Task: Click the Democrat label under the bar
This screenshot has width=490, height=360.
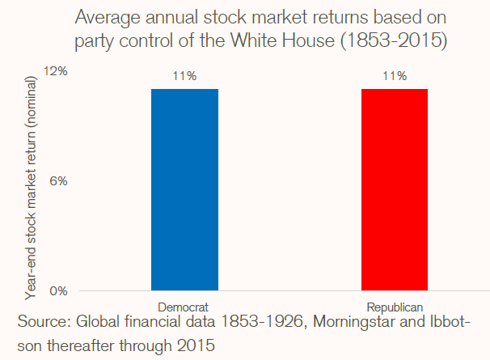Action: point(184,307)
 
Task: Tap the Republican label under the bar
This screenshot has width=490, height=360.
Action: point(394,307)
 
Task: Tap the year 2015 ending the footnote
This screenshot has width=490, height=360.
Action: point(198,344)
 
